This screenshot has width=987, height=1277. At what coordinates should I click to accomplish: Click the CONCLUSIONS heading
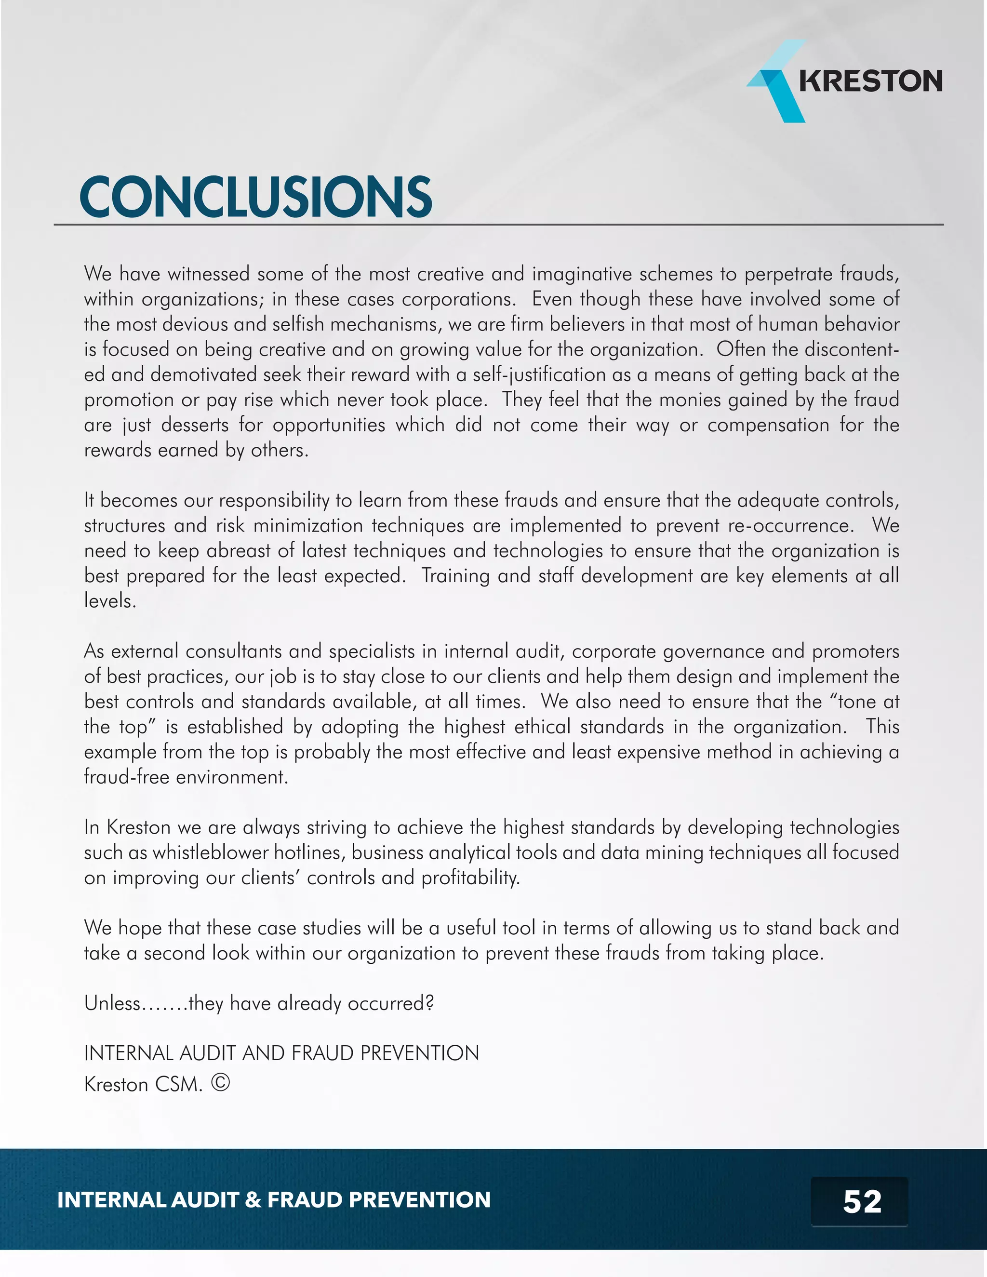click(255, 197)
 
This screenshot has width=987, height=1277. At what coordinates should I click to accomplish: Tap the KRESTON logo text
click(870, 80)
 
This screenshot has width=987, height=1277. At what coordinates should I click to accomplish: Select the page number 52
click(861, 1201)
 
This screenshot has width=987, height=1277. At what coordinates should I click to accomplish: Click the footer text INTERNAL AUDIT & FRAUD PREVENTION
click(274, 1200)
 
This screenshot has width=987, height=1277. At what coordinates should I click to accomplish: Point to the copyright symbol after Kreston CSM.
click(220, 1083)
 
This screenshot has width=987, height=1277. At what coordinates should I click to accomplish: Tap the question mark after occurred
click(430, 1003)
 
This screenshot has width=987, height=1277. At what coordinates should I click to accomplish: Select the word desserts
click(195, 425)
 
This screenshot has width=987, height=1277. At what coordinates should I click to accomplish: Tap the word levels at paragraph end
click(109, 601)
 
